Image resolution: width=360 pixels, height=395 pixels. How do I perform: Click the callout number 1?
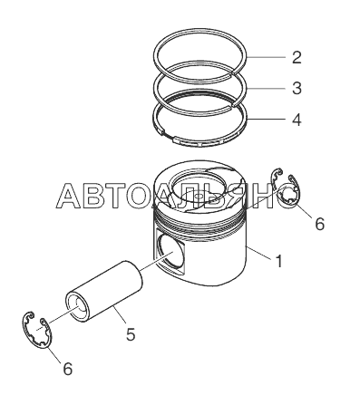coord(279,261)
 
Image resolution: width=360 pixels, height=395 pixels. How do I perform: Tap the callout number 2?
coord(297,57)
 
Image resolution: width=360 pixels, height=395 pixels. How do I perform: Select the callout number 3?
coord(297,88)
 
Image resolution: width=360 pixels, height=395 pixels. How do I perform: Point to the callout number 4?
coord(297,120)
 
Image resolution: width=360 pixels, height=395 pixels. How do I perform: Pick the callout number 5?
coord(131,334)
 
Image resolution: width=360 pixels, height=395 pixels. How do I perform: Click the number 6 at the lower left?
coord(67,369)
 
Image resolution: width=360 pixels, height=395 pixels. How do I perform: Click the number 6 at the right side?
coord(319,224)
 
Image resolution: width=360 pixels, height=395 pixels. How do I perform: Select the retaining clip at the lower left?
coord(37,330)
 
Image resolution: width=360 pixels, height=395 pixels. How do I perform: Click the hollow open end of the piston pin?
coord(78,306)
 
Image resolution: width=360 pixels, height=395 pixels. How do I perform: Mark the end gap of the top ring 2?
coord(234,72)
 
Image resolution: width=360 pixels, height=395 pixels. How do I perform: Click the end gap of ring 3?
coord(234,104)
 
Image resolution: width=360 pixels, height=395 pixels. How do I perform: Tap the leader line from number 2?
coord(266,57)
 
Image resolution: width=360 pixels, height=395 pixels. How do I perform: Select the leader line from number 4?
coord(266,120)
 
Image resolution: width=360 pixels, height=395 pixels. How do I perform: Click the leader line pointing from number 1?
coord(259,253)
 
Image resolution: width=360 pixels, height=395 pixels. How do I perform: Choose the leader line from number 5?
coord(120,314)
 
